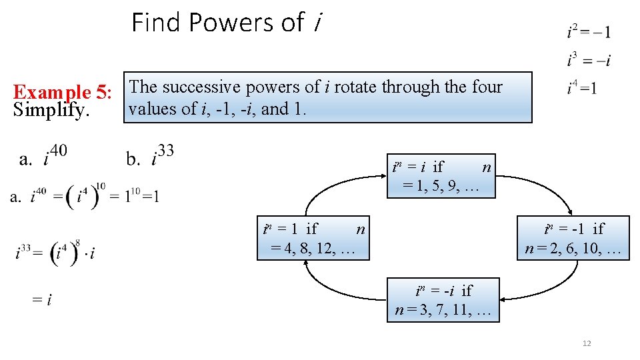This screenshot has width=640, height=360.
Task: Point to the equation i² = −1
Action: click(589, 31)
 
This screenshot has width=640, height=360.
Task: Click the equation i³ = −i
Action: click(589, 61)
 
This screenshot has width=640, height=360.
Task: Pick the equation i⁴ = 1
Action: click(582, 87)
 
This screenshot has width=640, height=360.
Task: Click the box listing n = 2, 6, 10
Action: click(574, 239)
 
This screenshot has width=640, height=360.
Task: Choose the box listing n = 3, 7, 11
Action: click(443, 301)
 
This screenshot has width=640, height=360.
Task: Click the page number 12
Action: click(587, 343)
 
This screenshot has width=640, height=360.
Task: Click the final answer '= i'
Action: click(41, 300)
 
